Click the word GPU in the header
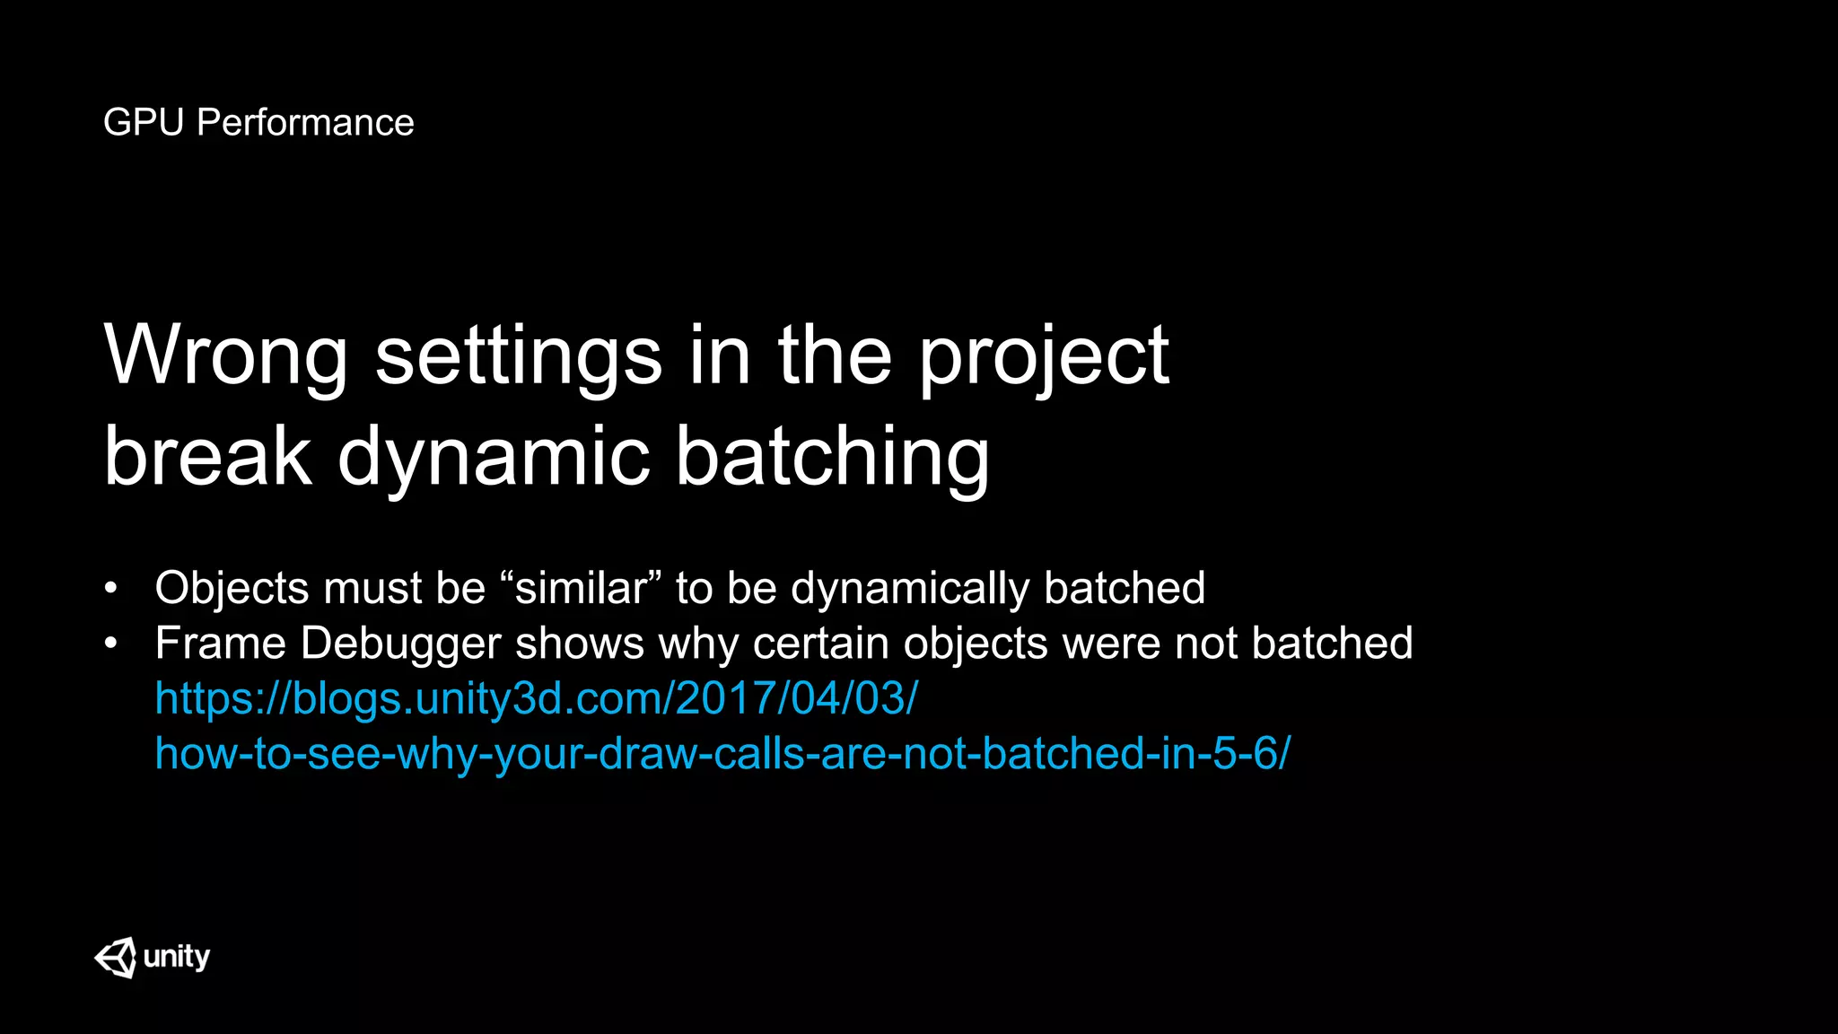(143, 123)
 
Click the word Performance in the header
(305, 123)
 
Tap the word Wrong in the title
(225, 356)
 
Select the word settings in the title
(518, 356)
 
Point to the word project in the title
(1043, 356)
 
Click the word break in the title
(207, 457)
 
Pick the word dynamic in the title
(493, 457)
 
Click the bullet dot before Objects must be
(110, 589)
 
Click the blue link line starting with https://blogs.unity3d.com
(536, 698)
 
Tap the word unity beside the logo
(177, 957)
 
